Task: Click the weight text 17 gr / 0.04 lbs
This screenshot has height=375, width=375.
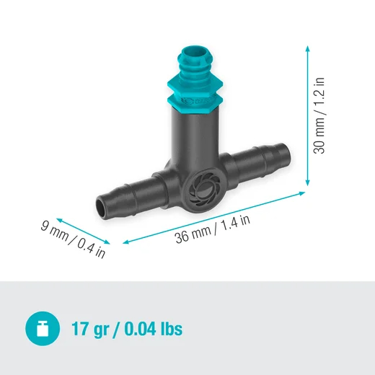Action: (126, 330)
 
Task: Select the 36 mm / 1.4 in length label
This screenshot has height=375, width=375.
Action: (213, 229)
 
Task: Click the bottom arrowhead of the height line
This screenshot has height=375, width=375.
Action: (309, 185)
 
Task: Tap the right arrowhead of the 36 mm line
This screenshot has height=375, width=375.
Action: (305, 193)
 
